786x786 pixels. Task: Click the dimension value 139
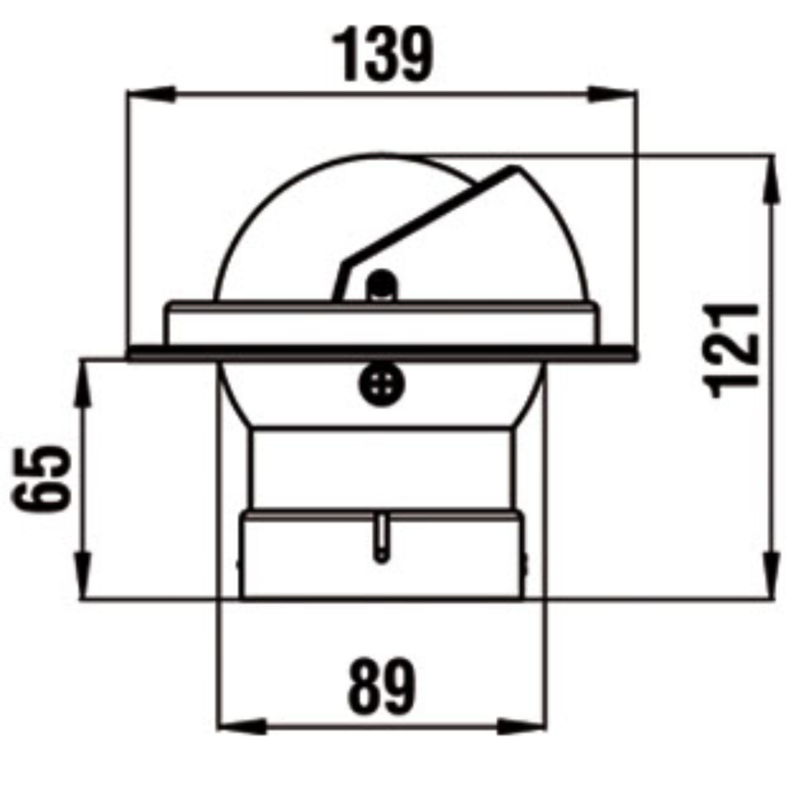(382, 54)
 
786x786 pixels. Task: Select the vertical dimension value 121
(735, 348)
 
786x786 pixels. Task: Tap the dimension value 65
(41, 478)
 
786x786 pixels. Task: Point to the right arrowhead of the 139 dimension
(624, 93)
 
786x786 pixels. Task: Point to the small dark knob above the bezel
(381, 285)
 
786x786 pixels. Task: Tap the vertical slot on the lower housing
(381, 538)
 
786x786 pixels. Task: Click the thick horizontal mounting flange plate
(382, 352)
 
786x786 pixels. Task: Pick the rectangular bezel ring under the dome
(382, 324)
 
